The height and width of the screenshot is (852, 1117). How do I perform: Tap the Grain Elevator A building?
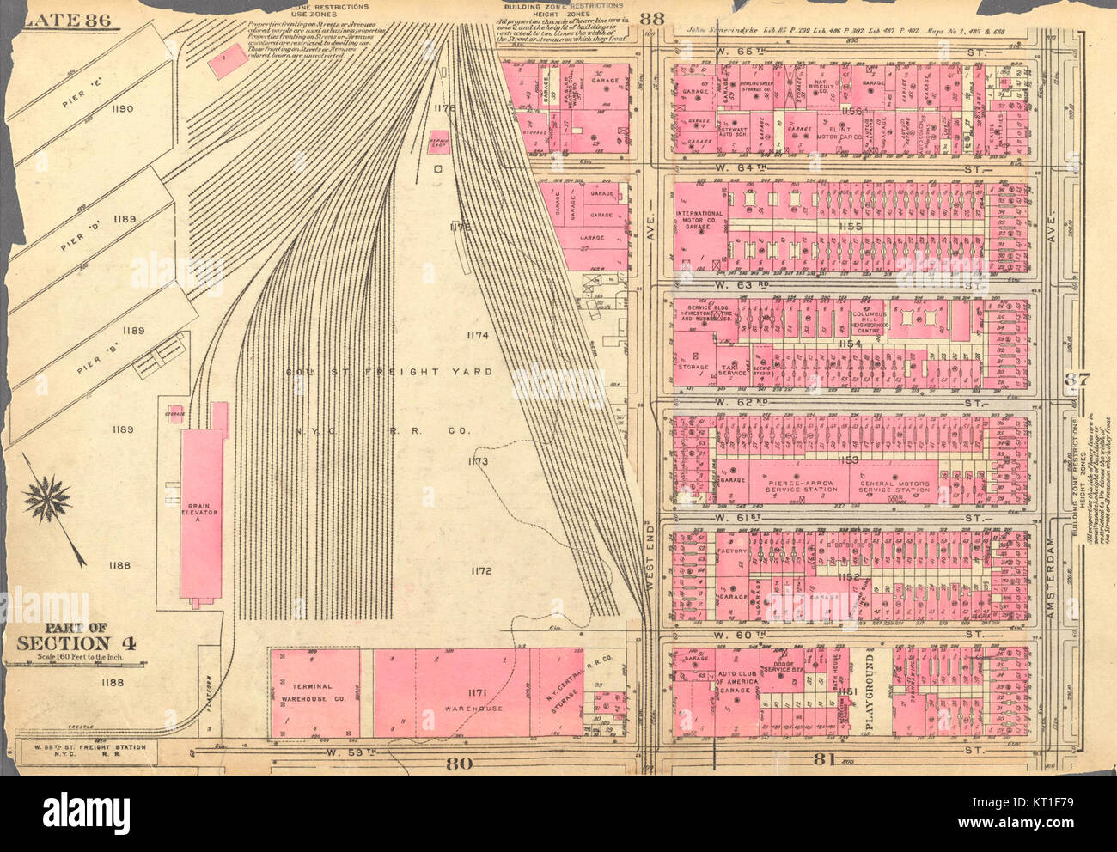coord(201,502)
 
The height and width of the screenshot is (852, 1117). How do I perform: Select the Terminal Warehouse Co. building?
coord(314,694)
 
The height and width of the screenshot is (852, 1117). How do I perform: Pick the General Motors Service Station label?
coord(895,485)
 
